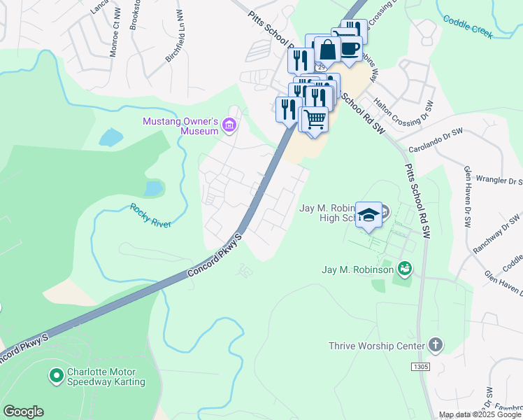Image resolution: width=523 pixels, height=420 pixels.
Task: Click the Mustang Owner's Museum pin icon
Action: click(x=229, y=126)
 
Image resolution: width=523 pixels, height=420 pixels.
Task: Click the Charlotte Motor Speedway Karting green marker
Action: click(x=57, y=377)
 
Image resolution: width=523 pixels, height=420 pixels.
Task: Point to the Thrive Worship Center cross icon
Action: click(x=435, y=346)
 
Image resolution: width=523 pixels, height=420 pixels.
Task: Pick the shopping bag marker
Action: click(x=327, y=50)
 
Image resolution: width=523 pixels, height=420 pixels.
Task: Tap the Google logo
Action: click(x=23, y=412)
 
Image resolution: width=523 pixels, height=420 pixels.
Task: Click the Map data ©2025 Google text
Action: click(x=480, y=414)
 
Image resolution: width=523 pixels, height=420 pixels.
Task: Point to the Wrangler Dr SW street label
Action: click(x=497, y=180)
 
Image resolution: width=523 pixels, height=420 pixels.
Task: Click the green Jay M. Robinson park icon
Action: click(x=403, y=268)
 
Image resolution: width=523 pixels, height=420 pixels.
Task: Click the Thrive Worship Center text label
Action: click(x=377, y=346)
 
